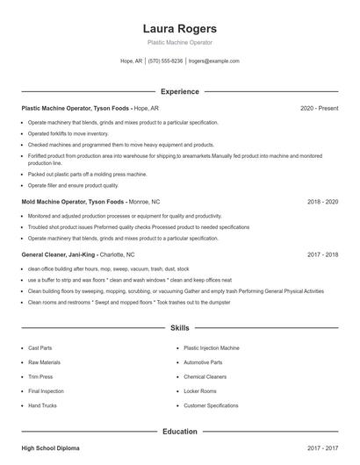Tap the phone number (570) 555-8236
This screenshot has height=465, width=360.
tap(165, 61)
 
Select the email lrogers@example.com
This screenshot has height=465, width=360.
tap(214, 61)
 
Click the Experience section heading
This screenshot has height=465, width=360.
tap(180, 91)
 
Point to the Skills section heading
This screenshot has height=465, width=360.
tap(180, 328)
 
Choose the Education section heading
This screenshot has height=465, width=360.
tap(180, 432)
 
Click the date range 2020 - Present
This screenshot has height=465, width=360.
tap(319, 108)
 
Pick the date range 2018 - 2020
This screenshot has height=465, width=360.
tap(322, 201)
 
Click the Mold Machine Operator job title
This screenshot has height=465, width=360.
tap(61, 201)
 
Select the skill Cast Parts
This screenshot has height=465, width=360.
tap(40, 347)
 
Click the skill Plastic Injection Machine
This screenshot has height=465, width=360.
tap(212, 347)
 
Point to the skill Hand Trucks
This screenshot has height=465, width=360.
tap(42, 405)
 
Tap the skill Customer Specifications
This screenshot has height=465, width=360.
tap(211, 405)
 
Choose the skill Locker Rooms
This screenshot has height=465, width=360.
tap(200, 390)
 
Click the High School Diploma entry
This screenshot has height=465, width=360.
tap(50, 448)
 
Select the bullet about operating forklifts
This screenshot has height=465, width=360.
tap(61, 133)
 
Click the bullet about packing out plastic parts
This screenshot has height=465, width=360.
tap(87, 174)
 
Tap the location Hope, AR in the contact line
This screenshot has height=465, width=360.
tap(131, 61)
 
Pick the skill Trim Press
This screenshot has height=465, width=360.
tap(40, 376)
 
